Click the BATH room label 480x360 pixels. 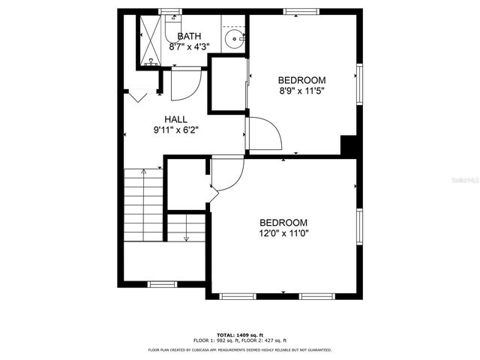click(188, 35)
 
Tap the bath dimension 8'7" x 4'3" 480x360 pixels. click(188, 46)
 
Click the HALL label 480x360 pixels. click(175, 118)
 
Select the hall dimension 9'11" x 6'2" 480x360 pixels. click(175, 130)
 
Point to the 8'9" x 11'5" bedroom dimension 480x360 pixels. click(301, 91)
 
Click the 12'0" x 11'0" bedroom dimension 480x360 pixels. click(283, 233)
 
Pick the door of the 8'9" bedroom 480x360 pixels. click(264, 135)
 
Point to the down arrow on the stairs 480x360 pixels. click(185, 235)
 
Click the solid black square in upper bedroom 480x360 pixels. click(348, 145)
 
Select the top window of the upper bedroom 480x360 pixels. click(302, 10)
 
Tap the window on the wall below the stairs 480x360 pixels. click(161, 283)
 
